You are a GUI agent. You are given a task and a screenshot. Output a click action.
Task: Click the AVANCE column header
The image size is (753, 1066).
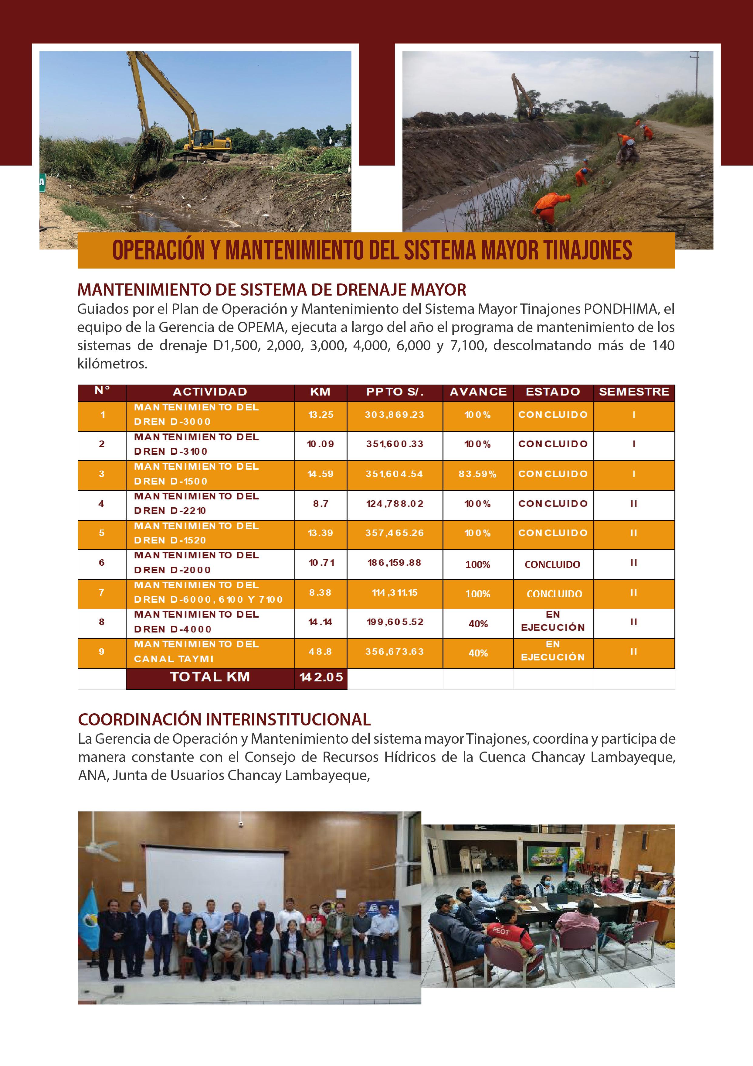point(478,392)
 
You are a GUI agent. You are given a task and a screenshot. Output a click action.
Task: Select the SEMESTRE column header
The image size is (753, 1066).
point(634,392)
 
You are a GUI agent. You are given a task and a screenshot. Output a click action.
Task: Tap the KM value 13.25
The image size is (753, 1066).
point(321,415)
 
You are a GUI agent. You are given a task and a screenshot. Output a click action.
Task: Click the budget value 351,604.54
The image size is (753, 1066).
point(394,474)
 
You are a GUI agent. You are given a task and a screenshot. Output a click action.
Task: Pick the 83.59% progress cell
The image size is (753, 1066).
point(478,474)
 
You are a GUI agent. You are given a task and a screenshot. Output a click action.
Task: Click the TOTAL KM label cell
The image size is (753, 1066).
point(210,677)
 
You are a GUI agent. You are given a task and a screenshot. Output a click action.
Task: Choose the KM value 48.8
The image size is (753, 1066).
point(321,652)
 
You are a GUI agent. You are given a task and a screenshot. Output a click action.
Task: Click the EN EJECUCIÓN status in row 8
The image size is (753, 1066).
point(553,622)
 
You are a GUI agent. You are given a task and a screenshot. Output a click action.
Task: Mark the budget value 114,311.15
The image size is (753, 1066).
point(394,592)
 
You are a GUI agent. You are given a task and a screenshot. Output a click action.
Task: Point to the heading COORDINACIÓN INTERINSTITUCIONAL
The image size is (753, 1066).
point(224,720)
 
